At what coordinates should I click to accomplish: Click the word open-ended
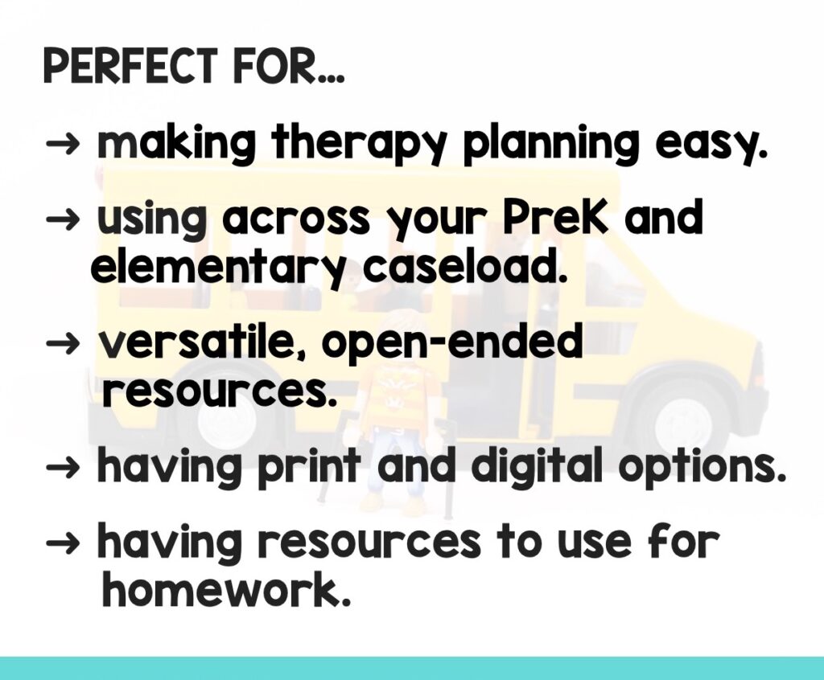click(451, 343)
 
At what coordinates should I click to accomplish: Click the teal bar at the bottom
click(412, 668)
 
